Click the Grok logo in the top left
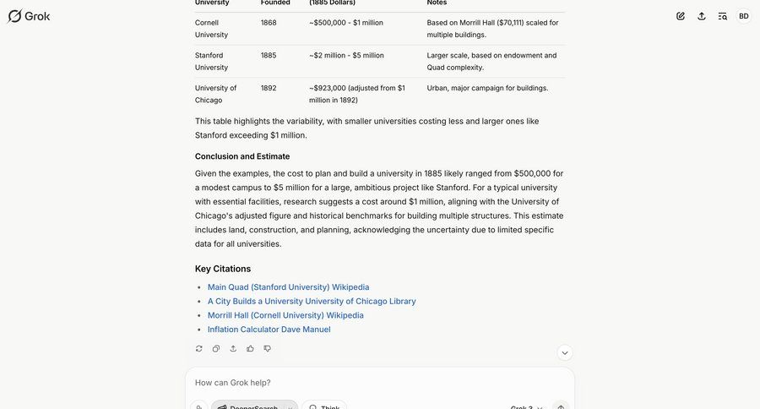[29, 16]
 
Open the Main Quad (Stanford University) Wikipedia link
[288, 287]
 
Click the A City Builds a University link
[311, 302]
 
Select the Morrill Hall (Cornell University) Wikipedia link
[285, 315]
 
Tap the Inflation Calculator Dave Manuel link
[269, 330]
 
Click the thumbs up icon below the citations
[250, 348]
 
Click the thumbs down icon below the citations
[267, 348]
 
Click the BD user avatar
[743, 16]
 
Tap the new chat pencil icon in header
[681, 16]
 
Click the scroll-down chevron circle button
[565, 352]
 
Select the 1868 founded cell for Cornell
[269, 23]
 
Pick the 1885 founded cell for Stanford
[269, 56]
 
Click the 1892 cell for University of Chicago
[269, 88]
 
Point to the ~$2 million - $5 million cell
[346, 56]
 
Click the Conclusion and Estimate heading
[242, 156]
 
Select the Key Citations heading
[223, 269]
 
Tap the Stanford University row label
[211, 62]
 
